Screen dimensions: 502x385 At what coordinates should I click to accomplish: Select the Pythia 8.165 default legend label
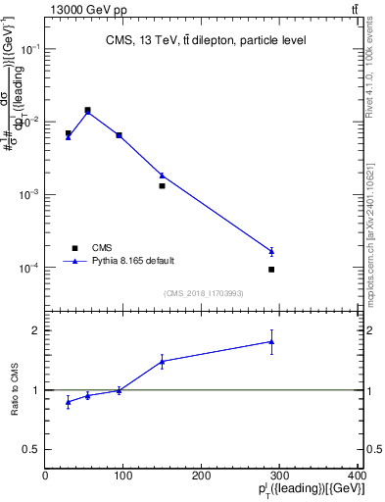[133, 261]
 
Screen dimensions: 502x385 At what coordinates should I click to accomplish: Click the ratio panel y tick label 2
[36, 330]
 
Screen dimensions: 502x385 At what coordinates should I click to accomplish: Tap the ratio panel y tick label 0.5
[32, 449]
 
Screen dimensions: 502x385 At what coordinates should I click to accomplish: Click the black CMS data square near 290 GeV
[271, 269]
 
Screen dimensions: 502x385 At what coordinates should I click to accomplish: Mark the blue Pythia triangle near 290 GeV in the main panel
[271, 251]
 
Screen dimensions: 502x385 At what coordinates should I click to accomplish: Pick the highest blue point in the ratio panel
[271, 341]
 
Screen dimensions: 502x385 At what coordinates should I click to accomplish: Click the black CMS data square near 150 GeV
[162, 185]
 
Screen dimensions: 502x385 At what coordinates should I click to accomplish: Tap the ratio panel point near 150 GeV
[162, 361]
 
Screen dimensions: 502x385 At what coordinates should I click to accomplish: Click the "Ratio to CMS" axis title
[15, 389]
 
